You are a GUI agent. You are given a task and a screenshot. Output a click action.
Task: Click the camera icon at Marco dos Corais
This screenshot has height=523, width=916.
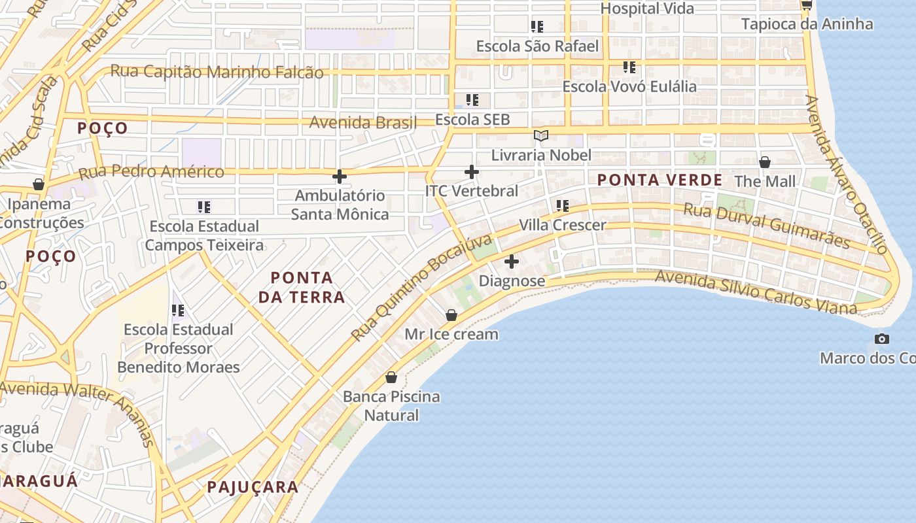point(881,339)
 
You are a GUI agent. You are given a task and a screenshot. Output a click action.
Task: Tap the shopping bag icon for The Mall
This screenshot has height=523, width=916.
point(764,161)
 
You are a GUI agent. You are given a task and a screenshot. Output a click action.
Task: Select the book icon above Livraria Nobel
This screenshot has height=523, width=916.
point(540,135)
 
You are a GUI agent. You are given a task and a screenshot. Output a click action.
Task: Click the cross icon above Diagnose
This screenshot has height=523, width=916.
point(512,261)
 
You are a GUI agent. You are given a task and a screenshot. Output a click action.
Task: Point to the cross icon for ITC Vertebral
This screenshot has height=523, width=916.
point(471,172)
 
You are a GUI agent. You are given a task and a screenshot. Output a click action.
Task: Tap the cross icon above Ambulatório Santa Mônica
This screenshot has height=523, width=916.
point(339,176)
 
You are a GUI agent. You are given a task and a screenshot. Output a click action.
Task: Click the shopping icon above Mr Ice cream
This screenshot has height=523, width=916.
point(451,315)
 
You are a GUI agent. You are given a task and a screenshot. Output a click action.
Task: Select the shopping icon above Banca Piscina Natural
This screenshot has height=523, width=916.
point(391,377)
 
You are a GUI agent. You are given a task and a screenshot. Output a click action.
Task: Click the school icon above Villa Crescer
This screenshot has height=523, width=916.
point(562,206)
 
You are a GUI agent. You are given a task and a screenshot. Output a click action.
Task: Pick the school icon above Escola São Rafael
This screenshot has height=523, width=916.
point(537,27)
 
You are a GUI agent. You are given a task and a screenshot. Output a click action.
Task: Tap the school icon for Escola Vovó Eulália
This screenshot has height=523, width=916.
point(629,67)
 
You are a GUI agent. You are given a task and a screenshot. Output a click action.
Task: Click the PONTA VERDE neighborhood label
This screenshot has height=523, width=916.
point(660,180)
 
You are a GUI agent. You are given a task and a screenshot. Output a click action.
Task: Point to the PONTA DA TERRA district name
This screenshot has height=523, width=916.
point(302,288)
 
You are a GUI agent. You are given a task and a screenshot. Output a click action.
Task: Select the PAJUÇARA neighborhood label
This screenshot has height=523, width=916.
point(253,487)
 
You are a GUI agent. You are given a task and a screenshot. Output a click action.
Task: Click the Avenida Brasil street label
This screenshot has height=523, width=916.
point(362,122)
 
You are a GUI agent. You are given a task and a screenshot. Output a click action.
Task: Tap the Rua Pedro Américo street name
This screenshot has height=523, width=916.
point(151,173)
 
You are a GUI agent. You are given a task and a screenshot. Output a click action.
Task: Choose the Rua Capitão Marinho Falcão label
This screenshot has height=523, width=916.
point(217,72)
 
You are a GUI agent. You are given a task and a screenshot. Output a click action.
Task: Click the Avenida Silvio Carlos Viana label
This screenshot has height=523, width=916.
point(755,292)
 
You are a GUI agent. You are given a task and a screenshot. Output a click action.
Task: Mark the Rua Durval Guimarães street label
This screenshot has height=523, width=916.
point(766,226)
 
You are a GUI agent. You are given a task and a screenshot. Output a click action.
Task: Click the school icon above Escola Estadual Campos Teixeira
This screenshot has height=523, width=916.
point(203,207)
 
